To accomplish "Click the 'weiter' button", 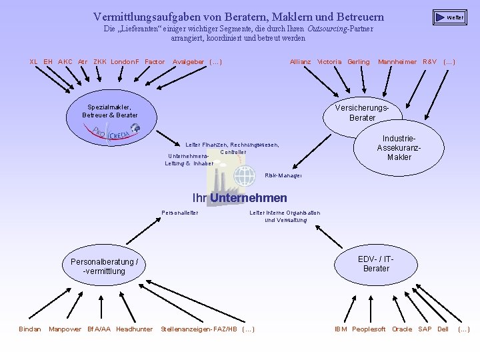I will pos(450,17).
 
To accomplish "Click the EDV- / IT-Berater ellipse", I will pos(376,264).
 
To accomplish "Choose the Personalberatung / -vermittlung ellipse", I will pos(104,267).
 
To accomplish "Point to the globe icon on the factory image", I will pos(245,176).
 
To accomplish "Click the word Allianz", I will pos(300,62).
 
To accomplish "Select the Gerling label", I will pos(358,62).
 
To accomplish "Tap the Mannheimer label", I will pos(397,62).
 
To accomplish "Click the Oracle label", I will pos(401,329).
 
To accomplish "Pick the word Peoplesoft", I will pos(369,329).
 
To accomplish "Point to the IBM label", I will pos(341,329).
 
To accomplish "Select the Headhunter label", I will pos(134,329).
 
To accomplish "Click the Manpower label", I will pos(65,329).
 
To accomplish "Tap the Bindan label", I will pos(30,329).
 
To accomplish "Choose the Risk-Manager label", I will pos(283,175).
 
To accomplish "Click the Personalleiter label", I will pos(180,213).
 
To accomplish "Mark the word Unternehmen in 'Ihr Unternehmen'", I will pos(249,198).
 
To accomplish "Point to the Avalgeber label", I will pos(189,62).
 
